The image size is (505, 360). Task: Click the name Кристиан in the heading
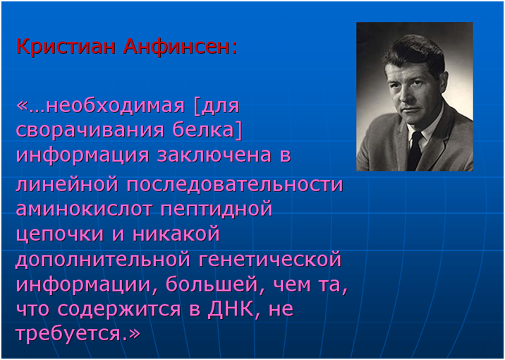(x=66, y=47)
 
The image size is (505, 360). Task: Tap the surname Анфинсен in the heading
(x=178, y=47)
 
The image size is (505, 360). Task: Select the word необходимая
(x=115, y=106)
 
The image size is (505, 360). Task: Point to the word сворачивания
(x=90, y=131)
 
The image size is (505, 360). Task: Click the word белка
(x=205, y=130)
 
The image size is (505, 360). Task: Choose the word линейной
(x=67, y=185)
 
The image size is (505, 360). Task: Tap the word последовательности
(x=234, y=185)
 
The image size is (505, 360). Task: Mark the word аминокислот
(x=84, y=209)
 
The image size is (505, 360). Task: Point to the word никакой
(x=176, y=234)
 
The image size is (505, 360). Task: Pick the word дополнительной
(x=102, y=260)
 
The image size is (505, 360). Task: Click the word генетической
(x=269, y=259)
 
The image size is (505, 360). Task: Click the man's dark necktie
(x=415, y=151)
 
